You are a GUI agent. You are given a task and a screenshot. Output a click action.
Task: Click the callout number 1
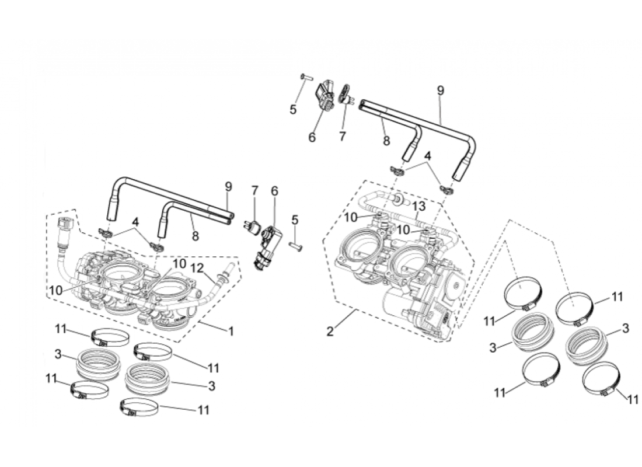[231, 331]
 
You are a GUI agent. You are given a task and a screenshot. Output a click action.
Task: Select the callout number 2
[330, 332]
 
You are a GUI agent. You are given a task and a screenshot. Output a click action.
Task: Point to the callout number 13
[418, 207]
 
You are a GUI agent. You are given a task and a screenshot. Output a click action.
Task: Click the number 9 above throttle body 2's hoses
[441, 90]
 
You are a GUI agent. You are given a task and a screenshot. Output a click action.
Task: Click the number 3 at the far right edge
[626, 329]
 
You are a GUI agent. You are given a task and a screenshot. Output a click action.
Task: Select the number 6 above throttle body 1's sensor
[274, 191]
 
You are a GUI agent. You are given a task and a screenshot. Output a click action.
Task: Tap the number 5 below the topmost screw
[294, 109]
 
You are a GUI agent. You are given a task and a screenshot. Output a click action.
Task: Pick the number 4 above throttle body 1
[135, 222]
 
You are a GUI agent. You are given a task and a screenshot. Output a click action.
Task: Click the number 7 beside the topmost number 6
[343, 136]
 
